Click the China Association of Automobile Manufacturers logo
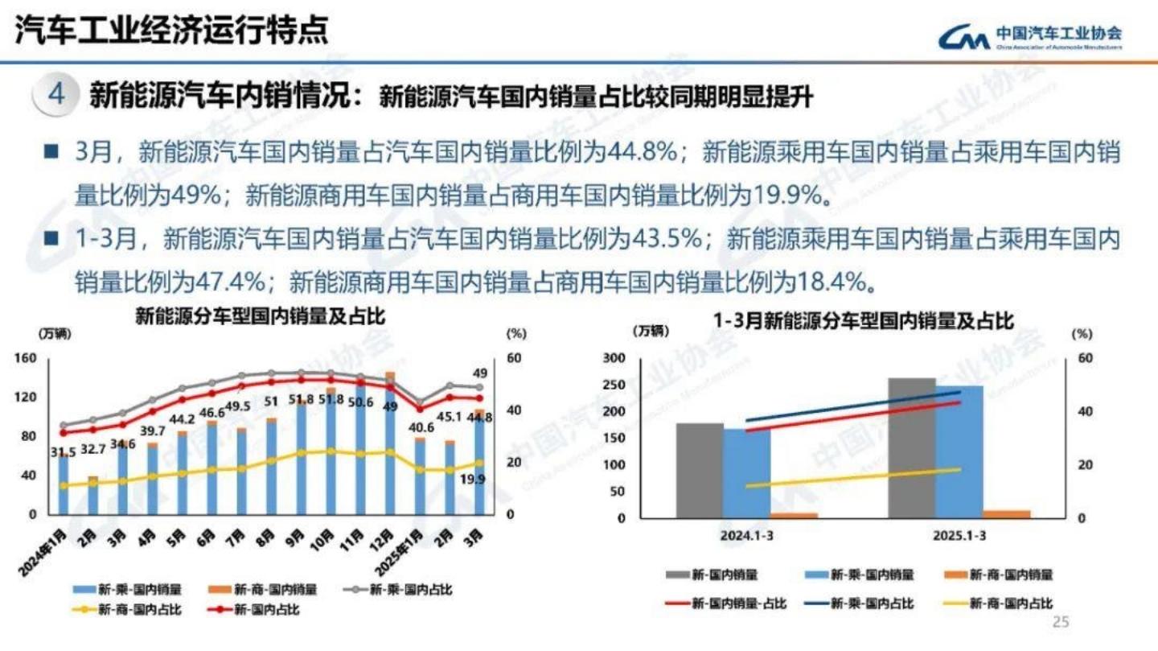[1030, 37]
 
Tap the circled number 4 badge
[55, 95]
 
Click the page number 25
[1061, 622]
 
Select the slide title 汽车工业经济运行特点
[171, 31]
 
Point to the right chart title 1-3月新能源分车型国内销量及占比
[864, 321]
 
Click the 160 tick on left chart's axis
[26, 359]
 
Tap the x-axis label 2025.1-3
[959, 536]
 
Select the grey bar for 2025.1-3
[911, 447]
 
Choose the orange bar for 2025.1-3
[1006, 514]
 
